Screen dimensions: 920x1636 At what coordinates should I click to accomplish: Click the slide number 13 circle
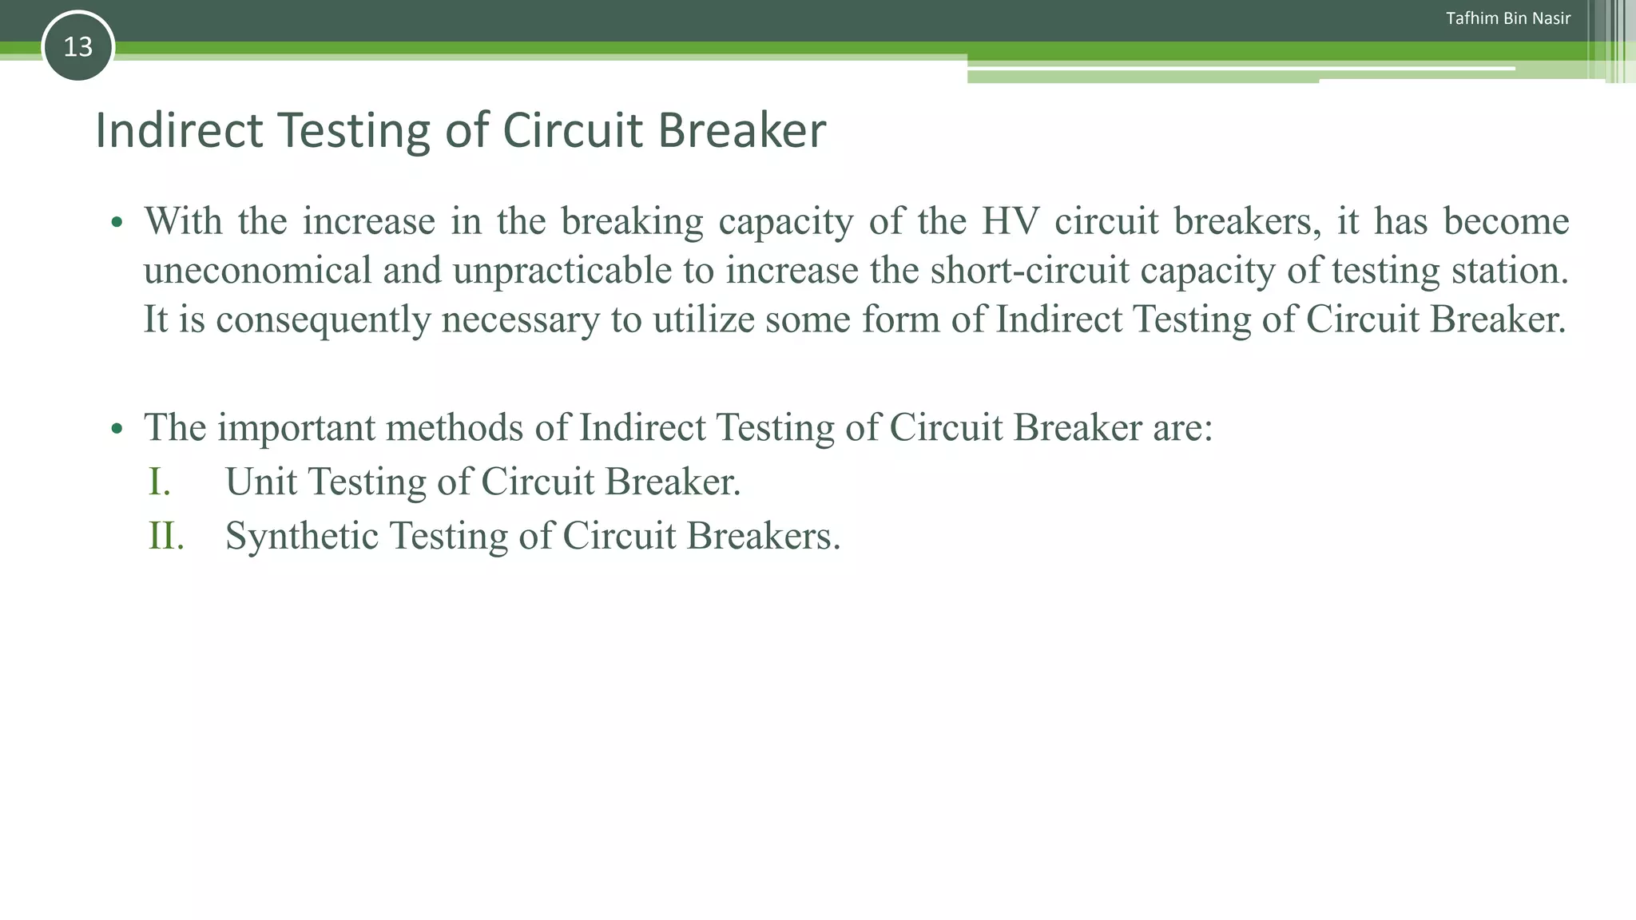pos(77,47)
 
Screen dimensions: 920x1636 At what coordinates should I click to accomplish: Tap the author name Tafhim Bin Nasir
pos(1507,18)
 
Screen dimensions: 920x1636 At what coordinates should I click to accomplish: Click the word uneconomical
pos(257,271)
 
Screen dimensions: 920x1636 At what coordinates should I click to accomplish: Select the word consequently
pos(324,319)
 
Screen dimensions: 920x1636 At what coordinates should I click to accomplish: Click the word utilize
pos(703,319)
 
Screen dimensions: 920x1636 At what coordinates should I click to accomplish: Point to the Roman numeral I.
pos(159,482)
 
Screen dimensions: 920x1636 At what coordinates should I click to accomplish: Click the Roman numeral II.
pos(166,535)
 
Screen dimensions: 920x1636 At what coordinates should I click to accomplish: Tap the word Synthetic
pos(301,535)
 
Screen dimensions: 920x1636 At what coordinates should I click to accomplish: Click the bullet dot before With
pos(117,222)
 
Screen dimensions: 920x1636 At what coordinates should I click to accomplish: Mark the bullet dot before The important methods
pos(117,429)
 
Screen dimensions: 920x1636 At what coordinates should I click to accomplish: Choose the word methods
pos(455,428)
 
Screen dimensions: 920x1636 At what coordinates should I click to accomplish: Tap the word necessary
pos(520,319)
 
